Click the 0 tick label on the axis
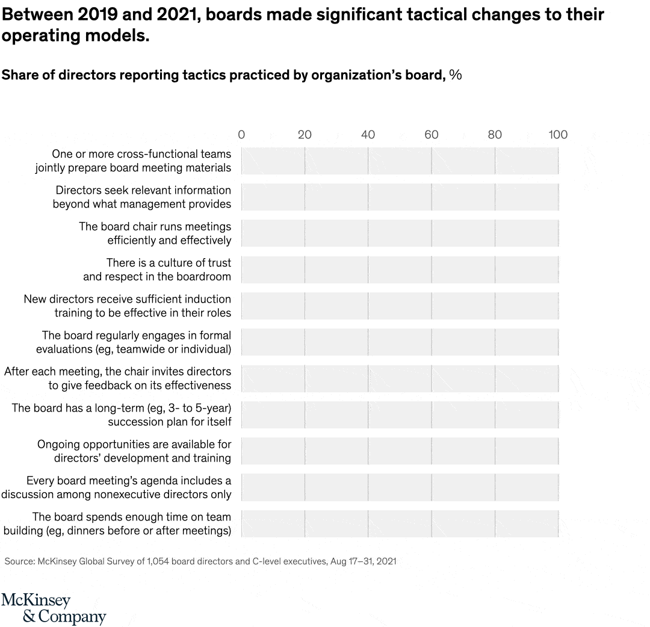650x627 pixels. point(241,134)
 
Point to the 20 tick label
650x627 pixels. point(305,134)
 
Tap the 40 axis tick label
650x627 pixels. point(368,134)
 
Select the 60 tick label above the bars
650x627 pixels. point(431,134)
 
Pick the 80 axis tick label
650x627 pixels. point(495,134)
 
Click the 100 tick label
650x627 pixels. point(557,134)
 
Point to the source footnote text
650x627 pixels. point(200,561)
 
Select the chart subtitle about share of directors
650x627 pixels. point(232,75)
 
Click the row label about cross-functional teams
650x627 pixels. point(133,161)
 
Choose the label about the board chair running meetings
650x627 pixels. point(155,233)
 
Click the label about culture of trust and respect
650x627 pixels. point(157,270)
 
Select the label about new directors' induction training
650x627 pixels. point(127,306)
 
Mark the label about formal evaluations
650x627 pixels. point(134,342)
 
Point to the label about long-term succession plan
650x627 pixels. point(121,415)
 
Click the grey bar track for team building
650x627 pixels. point(400,524)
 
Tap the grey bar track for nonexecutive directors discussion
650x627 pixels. point(400,487)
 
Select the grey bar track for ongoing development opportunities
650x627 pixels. point(400,451)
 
